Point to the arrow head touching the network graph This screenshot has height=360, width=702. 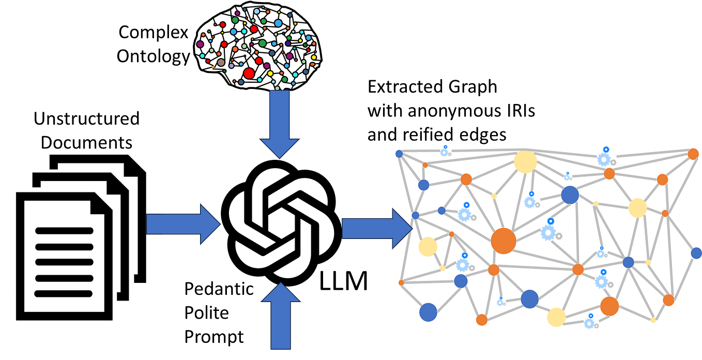pos(402,228)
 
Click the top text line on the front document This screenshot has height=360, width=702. pos(64,231)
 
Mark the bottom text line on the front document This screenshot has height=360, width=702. pos(64,294)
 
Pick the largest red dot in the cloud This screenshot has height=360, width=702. pos(249,73)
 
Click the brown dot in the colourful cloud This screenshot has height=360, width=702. pos(221,63)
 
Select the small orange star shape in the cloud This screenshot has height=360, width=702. pos(212,67)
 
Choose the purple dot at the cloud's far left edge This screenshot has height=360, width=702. pos(200,44)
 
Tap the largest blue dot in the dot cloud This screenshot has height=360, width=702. pos(278,23)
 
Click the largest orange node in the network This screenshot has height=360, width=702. pos(503,241)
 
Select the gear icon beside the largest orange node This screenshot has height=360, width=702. pos(548,232)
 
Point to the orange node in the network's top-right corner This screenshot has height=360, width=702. pos(693,154)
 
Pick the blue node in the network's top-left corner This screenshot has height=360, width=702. pos(399,154)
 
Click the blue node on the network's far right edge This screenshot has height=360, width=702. pos(696,253)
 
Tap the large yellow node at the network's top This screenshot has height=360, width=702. pos(525,162)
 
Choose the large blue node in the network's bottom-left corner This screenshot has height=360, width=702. pos(428,312)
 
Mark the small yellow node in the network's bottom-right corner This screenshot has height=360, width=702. pos(653,320)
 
